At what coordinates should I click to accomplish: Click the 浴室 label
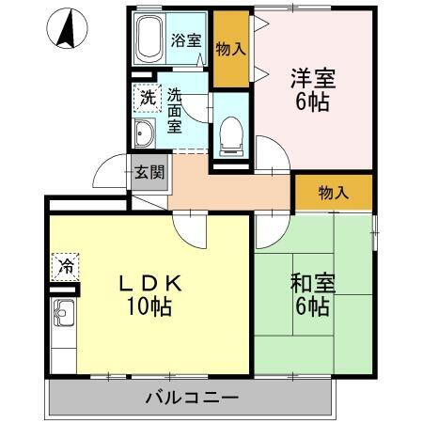(x=186, y=40)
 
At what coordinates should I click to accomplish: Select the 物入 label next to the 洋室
(x=231, y=49)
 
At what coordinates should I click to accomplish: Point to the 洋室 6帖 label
(x=311, y=91)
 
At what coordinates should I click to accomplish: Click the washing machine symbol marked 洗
(x=148, y=96)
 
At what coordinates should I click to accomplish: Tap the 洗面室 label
(x=177, y=110)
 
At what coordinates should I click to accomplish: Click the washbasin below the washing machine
(x=147, y=132)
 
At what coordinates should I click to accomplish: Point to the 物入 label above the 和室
(x=333, y=193)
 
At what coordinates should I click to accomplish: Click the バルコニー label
(x=191, y=397)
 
